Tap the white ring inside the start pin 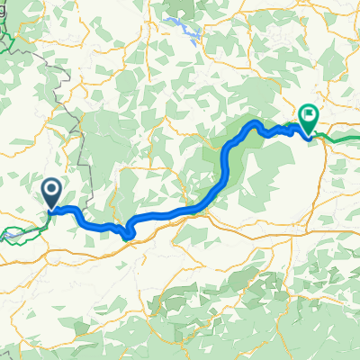[51, 189]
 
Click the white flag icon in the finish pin [309, 115]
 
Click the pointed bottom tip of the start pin [51, 210]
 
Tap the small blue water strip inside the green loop [13, 236]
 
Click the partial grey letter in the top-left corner [4, 4]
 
